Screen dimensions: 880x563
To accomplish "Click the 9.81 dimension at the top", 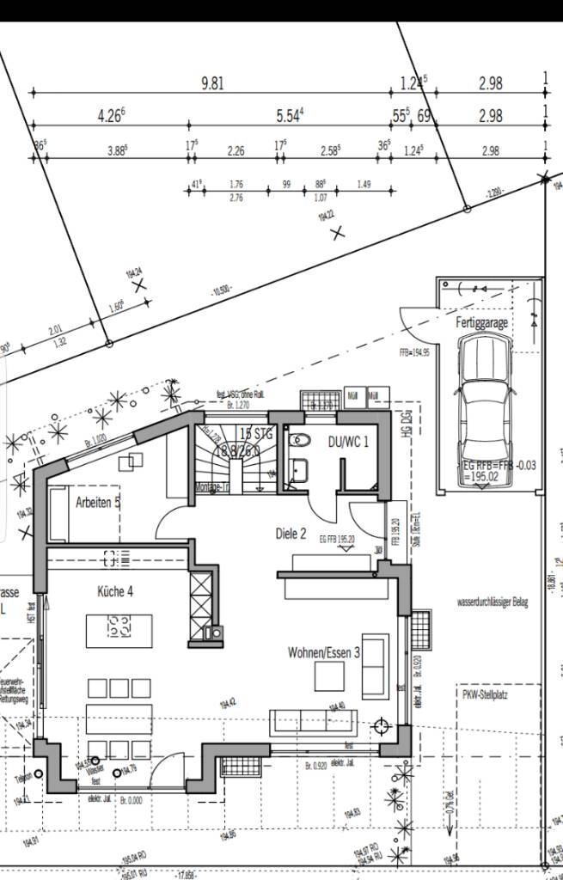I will [x=212, y=83].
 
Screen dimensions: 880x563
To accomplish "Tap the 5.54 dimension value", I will [x=291, y=115].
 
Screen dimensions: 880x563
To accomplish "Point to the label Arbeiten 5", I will [x=97, y=502].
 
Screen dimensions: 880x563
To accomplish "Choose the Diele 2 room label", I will [x=291, y=534].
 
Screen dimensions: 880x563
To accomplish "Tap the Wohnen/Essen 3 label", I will [x=324, y=653].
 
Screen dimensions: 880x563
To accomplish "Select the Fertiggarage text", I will [x=482, y=324].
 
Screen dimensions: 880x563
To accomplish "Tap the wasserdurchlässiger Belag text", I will [x=493, y=603].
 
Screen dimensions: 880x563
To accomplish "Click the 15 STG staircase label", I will [x=256, y=435].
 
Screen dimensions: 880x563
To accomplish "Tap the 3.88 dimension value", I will [x=117, y=150].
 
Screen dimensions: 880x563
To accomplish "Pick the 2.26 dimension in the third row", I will [x=236, y=150].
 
